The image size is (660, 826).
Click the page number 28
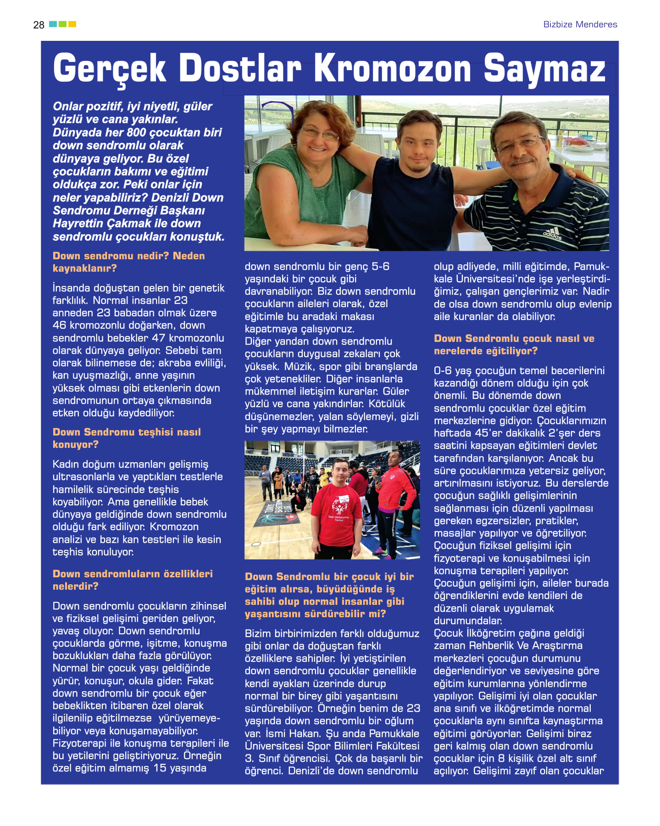pyautogui.click(x=39, y=25)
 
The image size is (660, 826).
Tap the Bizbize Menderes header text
pyautogui.click(x=580, y=24)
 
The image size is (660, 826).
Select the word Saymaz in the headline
pyautogui.click(x=544, y=69)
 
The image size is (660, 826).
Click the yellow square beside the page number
pyautogui.click(x=72, y=24)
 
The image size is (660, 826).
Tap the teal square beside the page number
pyautogui.click(x=53, y=24)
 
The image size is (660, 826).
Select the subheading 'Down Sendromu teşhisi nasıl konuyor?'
pyautogui.click(x=127, y=438)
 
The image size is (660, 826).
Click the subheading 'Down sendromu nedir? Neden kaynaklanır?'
pyautogui.click(x=128, y=262)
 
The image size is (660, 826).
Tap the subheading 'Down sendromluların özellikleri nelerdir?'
pyautogui.click(x=133, y=580)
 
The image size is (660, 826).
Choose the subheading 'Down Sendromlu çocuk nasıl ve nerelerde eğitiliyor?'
pyautogui.click(x=514, y=345)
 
